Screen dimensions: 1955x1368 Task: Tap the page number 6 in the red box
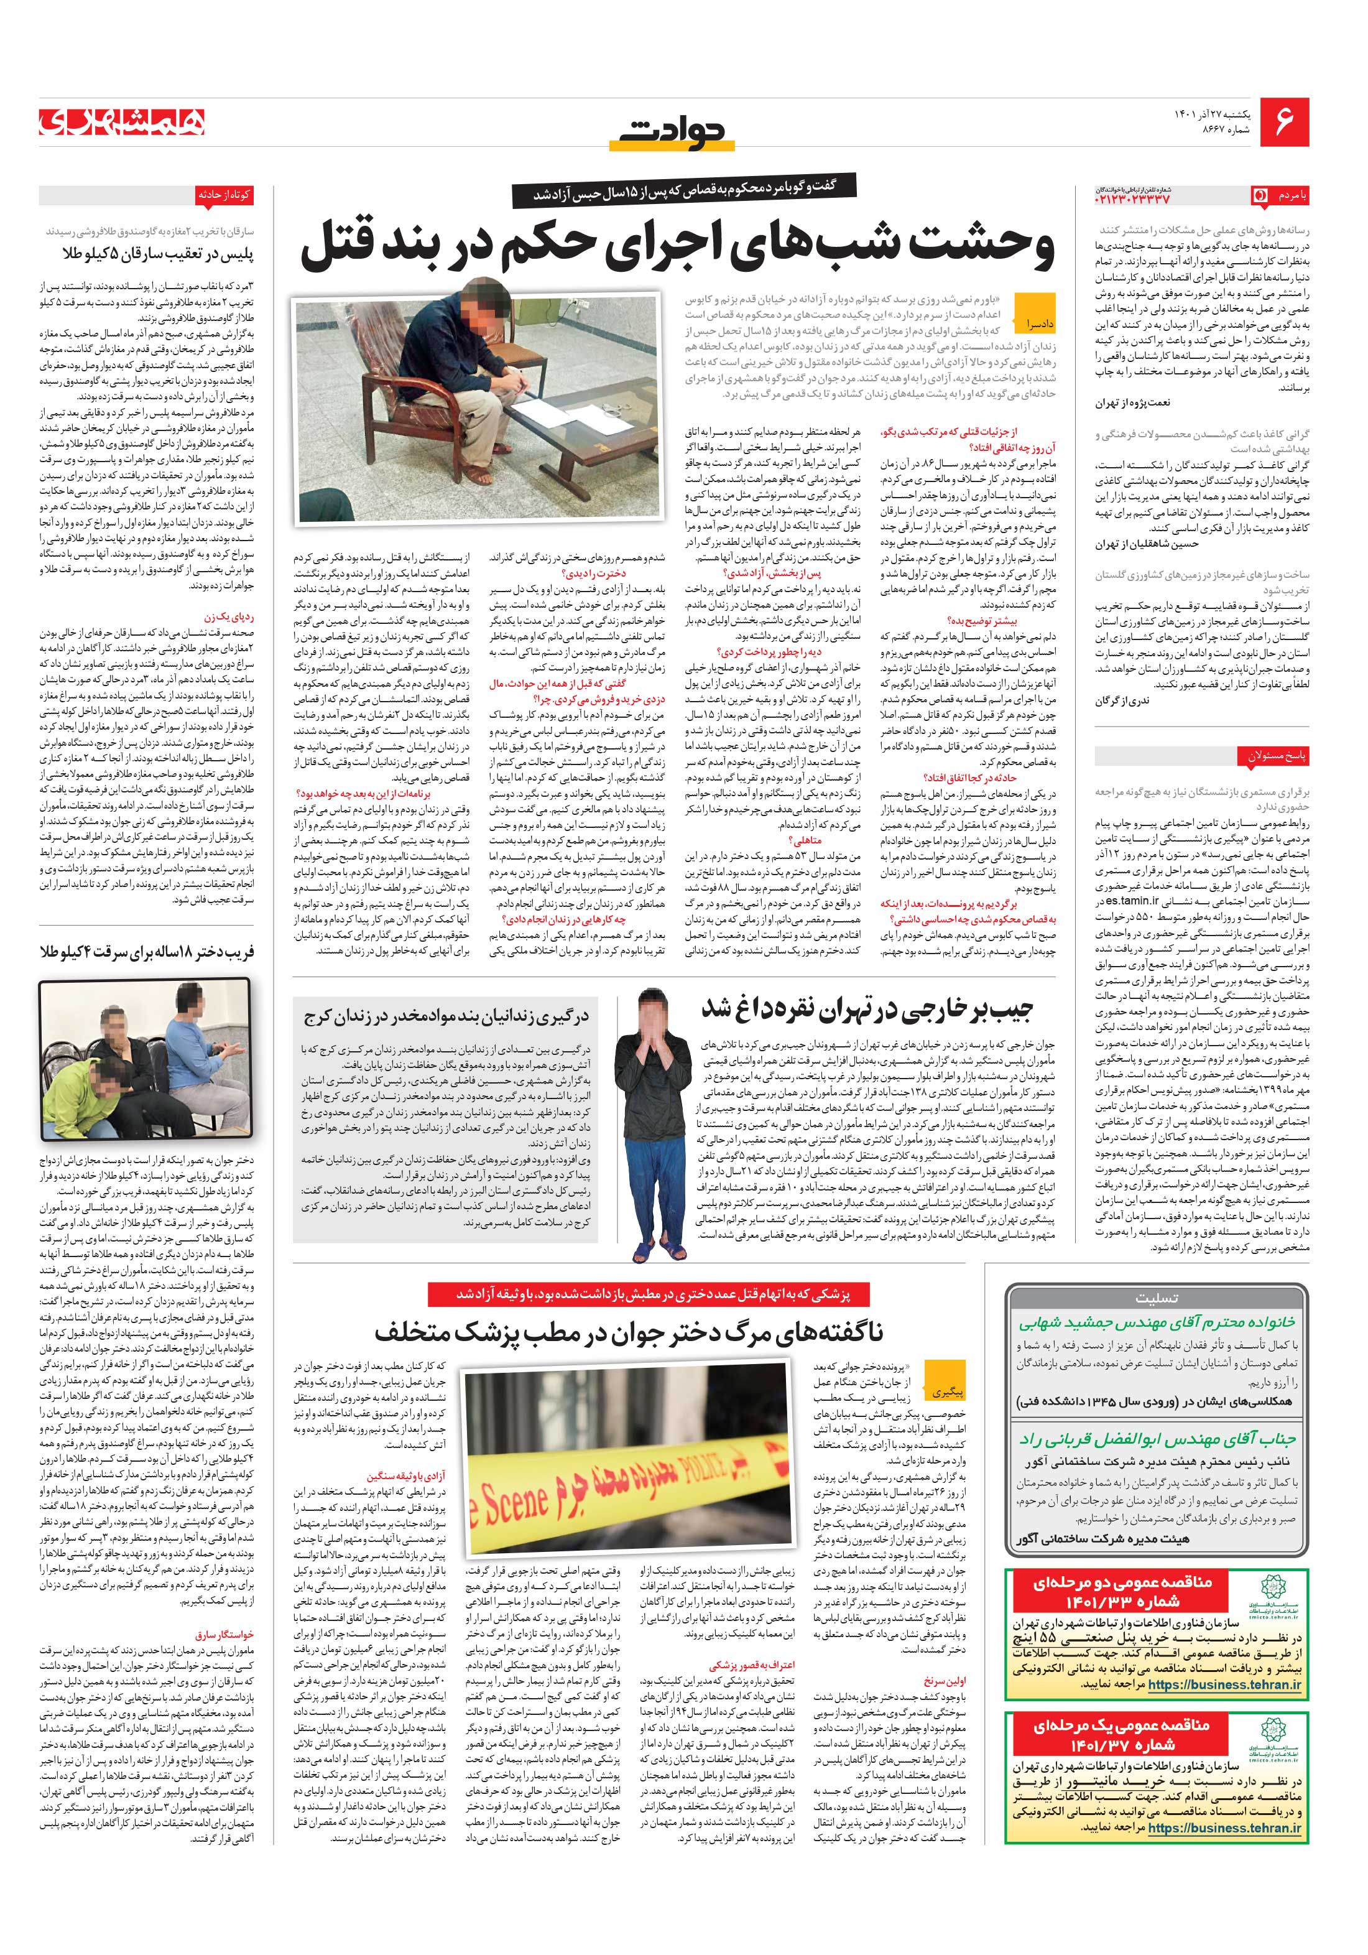[1283, 122]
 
